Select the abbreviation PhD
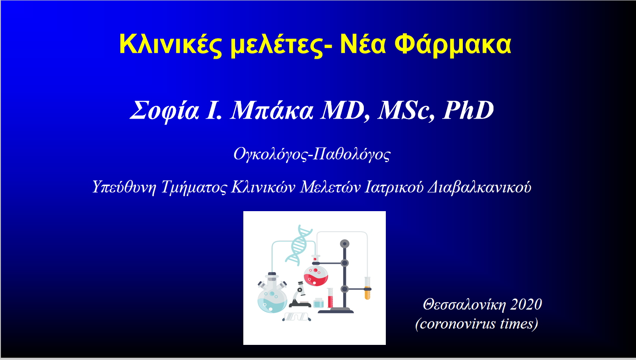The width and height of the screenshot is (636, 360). click(x=468, y=111)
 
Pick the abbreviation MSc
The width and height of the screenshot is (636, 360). click(x=404, y=111)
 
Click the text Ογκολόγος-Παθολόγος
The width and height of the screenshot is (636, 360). click(x=312, y=154)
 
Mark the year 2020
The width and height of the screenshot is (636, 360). click(x=526, y=304)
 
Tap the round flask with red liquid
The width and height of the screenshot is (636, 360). click(x=316, y=274)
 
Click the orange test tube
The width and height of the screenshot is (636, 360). click(x=367, y=289)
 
